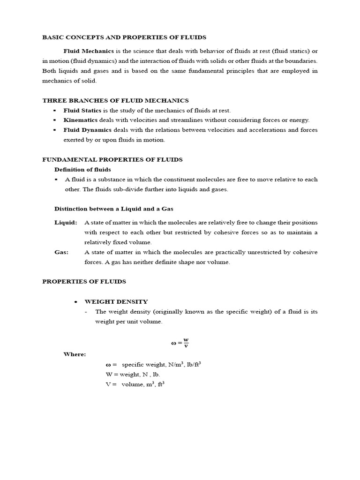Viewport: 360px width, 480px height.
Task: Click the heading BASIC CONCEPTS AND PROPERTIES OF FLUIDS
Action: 124,37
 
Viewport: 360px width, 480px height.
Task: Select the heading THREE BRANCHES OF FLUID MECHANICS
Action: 115,100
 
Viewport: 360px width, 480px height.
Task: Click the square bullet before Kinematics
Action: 55,120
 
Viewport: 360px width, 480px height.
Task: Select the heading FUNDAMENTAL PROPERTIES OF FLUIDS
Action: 112,159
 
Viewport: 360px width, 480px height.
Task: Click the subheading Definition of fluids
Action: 82,169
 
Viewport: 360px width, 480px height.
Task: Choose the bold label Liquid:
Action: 66,222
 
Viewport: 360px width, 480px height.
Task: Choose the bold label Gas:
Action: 61,252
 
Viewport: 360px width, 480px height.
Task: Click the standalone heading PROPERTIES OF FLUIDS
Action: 84,281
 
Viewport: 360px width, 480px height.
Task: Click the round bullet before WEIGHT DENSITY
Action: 75,301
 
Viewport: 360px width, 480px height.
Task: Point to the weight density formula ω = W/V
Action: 180,343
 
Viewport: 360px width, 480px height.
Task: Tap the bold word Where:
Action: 75,354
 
